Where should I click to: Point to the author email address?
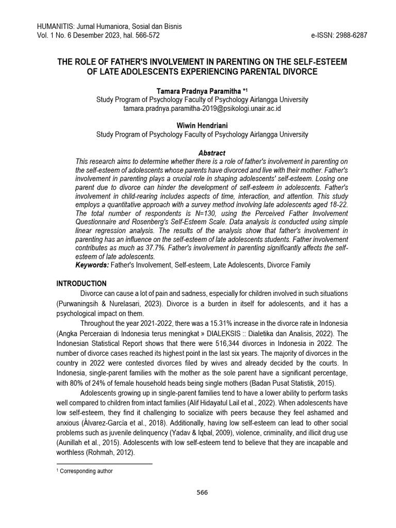(x=202, y=109)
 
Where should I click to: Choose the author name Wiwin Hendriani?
(x=202, y=125)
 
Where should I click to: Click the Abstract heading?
(x=211, y=153)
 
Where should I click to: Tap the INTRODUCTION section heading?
(x=81, y=284)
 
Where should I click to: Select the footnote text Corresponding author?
(x=86, y=471)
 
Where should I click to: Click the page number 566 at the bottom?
(x=202, y=492)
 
